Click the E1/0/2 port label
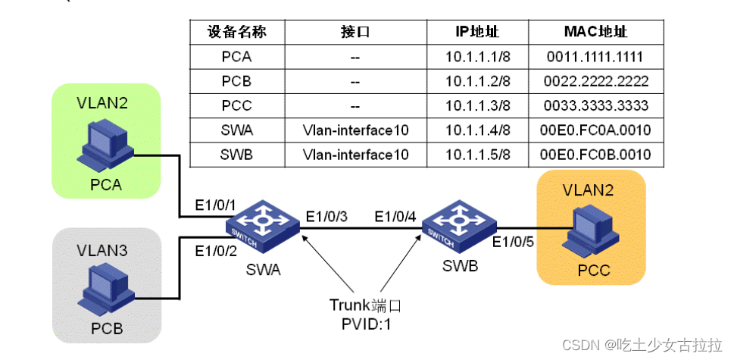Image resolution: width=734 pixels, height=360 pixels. [216, 250]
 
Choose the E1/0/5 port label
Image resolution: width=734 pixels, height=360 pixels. [513, 243]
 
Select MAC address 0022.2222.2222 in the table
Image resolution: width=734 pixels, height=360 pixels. [595, 81]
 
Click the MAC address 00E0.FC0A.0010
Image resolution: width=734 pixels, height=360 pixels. [595, 130]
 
